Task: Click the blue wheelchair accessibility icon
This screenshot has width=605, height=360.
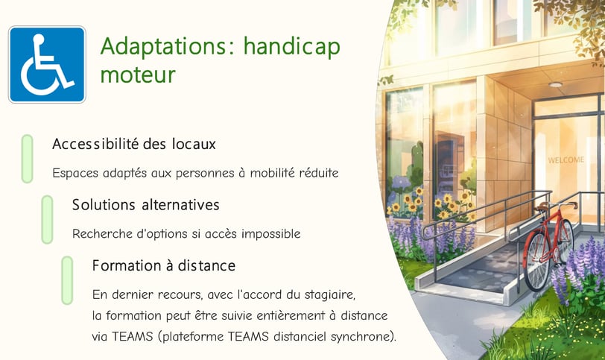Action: pyautogui.click(x=47, y=64)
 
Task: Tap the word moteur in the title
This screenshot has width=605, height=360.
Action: pyautogui.click(x=138, y=75)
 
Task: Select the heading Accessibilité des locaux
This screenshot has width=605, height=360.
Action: pyautogui.click(x=134, y=144)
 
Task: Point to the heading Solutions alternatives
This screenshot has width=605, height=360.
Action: pyautogui.click(x=145, y=204)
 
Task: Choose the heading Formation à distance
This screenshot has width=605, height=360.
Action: pyautogui.click(x=164, y=265)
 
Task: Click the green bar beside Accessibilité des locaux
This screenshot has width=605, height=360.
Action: pyautogui.click(x=27, y=159)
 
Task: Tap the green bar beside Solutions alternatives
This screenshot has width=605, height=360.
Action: pyautogui.click(x=47, y=220)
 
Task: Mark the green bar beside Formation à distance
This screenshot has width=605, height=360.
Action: pyautogui.click(x=67, y=280)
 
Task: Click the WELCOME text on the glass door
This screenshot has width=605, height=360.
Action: pyautogui.click(x=566, y=160)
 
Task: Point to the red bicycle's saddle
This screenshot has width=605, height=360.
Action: pyautogui.click(x=542, y=208)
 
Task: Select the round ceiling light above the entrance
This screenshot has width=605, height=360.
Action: pyautogui.click(x=555, y=84)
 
